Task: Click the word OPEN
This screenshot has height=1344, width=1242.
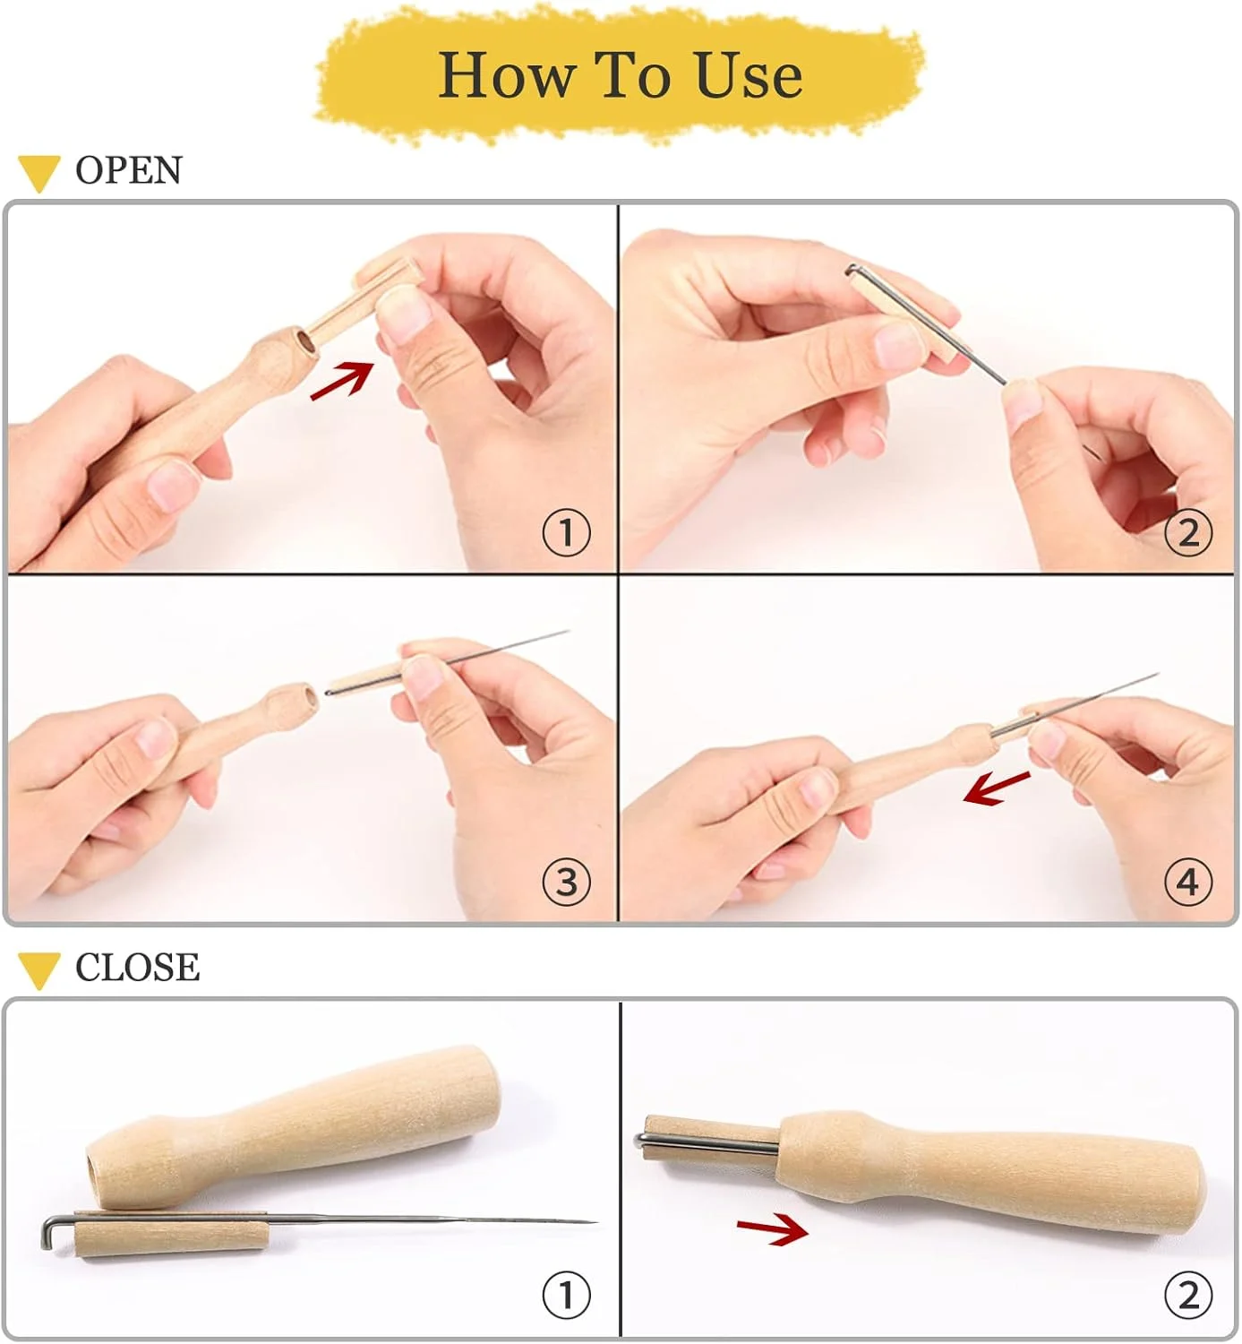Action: tap(129, 170)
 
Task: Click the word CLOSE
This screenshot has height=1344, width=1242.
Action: tap(137, 967)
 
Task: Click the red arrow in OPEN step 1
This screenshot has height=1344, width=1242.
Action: tap(343, 380)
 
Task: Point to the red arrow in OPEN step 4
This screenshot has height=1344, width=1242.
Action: tap(997, 788)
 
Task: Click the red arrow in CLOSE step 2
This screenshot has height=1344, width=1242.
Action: tap(773, 1229)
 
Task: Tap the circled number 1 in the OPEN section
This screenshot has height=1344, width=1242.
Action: tap(566, 532)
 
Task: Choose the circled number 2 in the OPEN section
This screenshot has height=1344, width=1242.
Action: tap(1188, 532)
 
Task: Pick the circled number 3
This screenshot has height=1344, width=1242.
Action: tap(566, 883)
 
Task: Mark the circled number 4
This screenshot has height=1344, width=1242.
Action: tap(1188, 883)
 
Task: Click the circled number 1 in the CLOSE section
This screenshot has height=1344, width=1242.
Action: tap(566, 1296)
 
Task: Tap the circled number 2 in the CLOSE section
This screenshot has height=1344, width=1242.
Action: tap(1188, 1296)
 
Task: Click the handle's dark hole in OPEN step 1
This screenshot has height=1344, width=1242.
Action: tap(306, 341)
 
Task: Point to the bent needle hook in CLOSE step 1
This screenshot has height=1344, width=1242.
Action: tap(48, 1233)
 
